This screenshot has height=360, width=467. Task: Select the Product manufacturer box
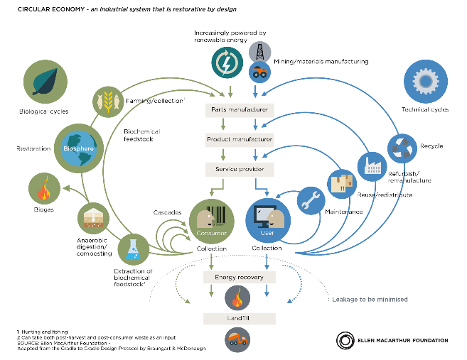coord(239,140)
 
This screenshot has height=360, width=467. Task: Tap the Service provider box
coord(239,169)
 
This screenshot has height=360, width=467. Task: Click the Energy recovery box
coord(239,276)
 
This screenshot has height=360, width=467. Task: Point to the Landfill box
coord(239,317)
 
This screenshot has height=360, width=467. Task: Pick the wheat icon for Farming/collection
coord(109,100)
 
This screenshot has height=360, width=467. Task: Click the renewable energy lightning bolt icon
coord(228,62)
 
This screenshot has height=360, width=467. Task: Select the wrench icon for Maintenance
coord(310,201)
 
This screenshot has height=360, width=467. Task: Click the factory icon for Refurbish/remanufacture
coord(372,165)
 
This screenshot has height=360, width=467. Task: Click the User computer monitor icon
coord(267,216)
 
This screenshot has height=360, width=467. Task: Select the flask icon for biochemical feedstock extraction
coord(133,249)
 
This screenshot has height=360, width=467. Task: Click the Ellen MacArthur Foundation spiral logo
coord(347,340)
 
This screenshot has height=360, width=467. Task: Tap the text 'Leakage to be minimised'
coord(370,299)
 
